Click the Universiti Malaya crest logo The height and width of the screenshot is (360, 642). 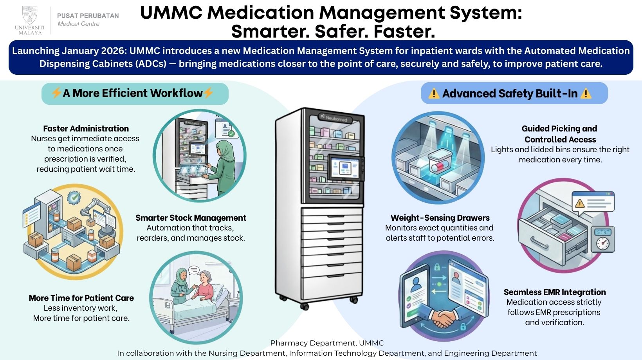click(30, 16)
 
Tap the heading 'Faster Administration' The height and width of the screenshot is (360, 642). click(86, 129)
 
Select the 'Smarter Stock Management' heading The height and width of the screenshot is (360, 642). click(191, 218)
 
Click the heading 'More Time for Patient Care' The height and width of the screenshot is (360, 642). click(81, 298)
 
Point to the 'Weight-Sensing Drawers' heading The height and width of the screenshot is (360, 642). click(440, 218)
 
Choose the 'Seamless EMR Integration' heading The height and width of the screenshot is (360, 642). click(554, 292)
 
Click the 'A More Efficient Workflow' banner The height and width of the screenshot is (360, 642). click(135, 94)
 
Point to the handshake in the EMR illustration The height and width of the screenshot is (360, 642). click(443, 318)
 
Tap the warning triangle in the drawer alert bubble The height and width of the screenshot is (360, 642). click(579, 203)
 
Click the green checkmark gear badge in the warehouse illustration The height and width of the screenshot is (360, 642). click(74, 198)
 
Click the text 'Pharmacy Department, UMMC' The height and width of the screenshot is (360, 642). click(327, 343)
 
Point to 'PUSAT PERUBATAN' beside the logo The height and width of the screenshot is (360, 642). click(88, 16)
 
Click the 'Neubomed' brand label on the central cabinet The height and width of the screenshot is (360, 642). click(336, 119)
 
